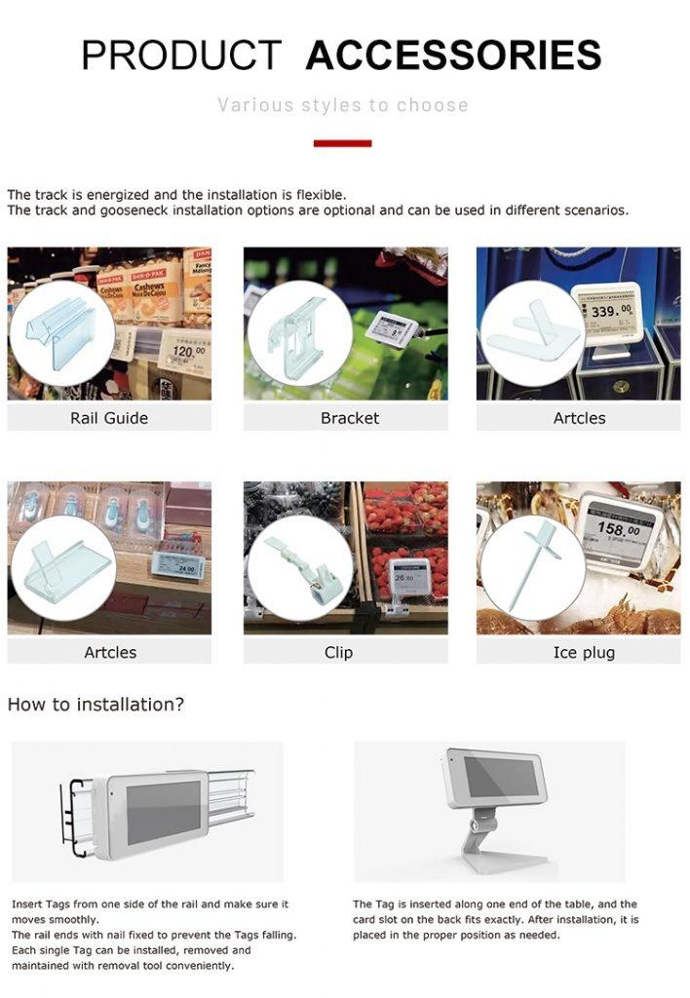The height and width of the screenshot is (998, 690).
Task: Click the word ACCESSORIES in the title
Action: (x=453, y=56)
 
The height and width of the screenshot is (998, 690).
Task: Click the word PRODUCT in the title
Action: (x=181, y=56)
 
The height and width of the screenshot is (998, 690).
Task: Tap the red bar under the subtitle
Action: (x=342, y=143)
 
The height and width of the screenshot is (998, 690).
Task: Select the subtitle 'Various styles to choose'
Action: (x=343, y=105)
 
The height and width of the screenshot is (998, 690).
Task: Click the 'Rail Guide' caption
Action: (x=109, y=418)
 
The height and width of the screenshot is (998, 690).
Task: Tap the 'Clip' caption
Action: (x=338, y=652)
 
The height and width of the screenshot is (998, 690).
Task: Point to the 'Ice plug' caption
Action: (x=584, y=652)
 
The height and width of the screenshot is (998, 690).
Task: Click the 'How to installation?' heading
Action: (x=96, y=704)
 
